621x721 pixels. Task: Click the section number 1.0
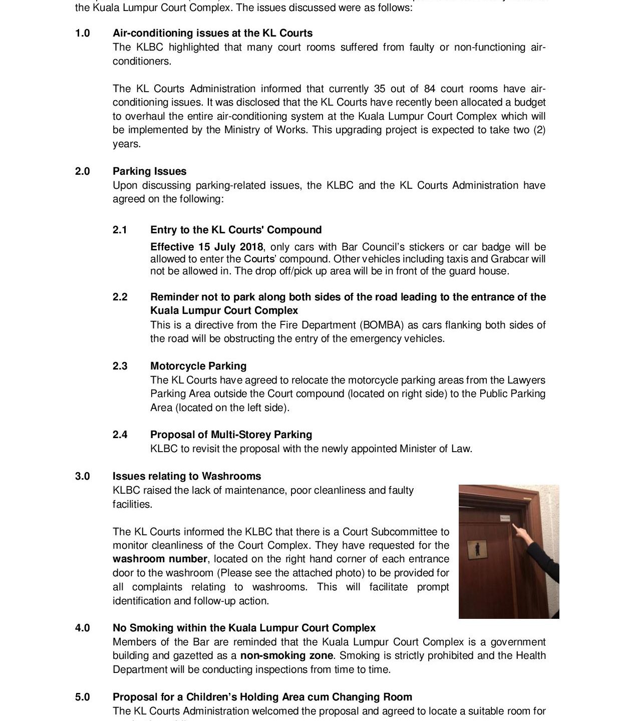(83, 34)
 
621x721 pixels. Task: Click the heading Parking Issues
(149, 171)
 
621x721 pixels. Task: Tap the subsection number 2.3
(120, 366)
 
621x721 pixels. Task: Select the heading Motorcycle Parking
(198, 366)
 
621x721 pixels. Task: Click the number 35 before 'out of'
(380, 89)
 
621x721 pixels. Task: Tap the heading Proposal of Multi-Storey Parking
(231, 435)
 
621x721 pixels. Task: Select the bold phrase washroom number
(160, 559)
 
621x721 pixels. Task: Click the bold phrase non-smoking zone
(286, 655)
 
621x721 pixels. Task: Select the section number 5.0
(83, 697)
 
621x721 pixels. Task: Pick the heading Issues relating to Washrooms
(187, 476)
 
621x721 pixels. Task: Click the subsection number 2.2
(120, 297)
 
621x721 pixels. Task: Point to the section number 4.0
(83, 628)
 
